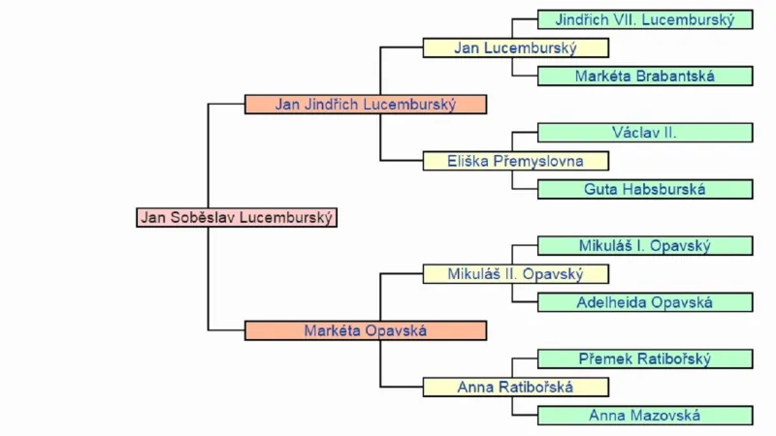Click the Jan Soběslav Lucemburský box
237,217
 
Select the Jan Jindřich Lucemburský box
365,104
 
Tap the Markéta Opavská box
365,330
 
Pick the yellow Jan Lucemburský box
515,47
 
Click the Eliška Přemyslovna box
515,161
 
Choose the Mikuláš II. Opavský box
515,274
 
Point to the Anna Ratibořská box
515,388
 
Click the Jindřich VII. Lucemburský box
645,19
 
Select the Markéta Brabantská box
645,76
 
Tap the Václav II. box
645,133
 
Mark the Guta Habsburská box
645,189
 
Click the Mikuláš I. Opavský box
645,246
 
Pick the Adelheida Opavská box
645,302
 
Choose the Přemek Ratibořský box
645,359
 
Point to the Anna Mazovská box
645,416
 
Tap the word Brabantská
676,76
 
